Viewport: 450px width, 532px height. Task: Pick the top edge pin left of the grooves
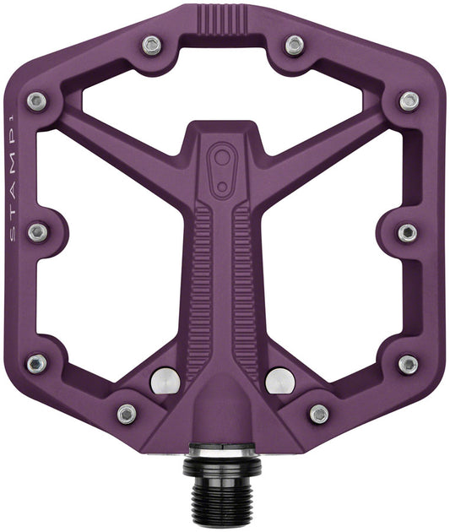point(152,45)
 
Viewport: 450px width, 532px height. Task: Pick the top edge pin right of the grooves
point(294,45)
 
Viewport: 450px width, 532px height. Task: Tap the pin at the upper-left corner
point(37,101)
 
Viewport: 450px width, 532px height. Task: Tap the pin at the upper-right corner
point(409,101)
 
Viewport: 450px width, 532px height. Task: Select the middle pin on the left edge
point(38,232)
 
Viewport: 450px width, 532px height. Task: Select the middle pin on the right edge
point(408,232)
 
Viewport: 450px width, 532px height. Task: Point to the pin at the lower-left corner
point(37,364)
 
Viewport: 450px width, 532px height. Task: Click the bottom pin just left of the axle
point(127,414)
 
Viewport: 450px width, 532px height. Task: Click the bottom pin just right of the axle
point(319,414)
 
